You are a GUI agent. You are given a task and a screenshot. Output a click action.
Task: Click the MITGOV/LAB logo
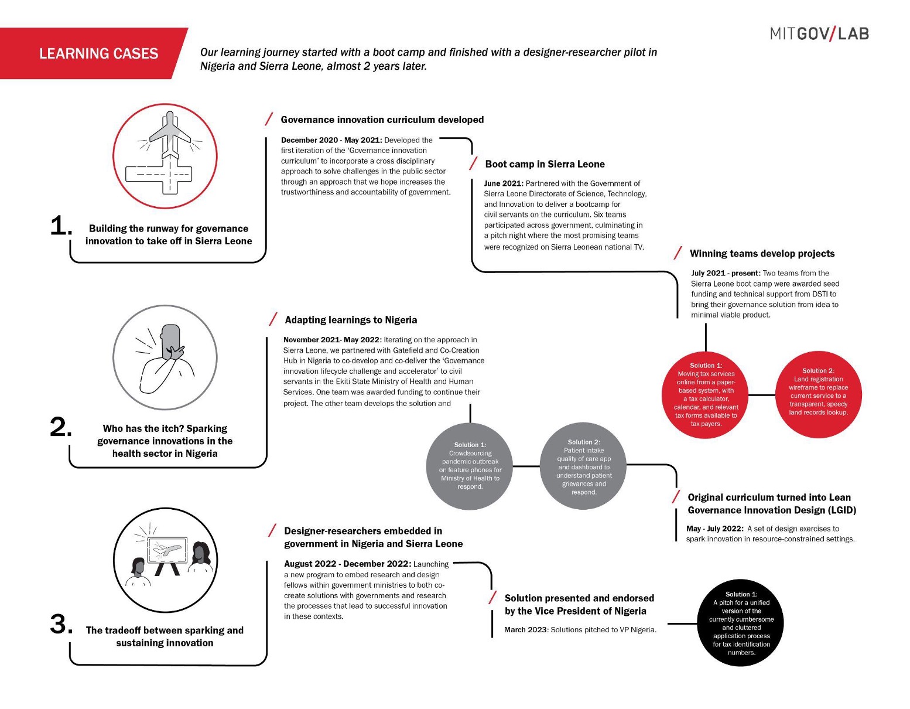pyautogui.click(x=819, y=34)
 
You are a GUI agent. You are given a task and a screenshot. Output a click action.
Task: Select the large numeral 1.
pyautogui.click(x=61, y=226)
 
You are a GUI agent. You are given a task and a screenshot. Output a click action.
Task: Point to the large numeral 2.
pyautogui.click(x=61, y=427)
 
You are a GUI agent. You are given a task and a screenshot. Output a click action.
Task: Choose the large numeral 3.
pyautogui.click(x=61, y=624)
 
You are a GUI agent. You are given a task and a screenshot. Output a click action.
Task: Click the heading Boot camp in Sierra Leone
pyautogui.click(x=545, y=164)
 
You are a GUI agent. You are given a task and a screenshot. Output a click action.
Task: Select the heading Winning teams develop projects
pyautogui.click(x=762, y=254)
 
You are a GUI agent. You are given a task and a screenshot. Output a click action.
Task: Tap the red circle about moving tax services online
pyautogui.click(x=706, y=394)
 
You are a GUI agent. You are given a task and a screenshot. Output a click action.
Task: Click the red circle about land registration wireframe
pyautogui.click(x=818, y=394)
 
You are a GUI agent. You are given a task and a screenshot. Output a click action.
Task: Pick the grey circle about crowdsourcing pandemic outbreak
pyautogui.click(x=470, y=466)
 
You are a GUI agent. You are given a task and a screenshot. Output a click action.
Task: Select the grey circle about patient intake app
pyautogui.click(x=583, y=466)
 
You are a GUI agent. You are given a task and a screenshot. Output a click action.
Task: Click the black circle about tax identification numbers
pyautogui.click(x=741, y=623)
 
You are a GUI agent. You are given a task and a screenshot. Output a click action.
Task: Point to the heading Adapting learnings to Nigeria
pyautogui.click(x=351, y=320)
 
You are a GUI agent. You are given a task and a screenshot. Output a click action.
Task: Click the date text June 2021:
pyautogui.click(x=504, y=183)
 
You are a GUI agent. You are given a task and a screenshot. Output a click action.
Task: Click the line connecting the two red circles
pyautogui.click(x=762, y=395)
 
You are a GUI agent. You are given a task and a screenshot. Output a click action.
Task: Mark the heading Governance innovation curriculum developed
pyautogui.click(x=382, y=120)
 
